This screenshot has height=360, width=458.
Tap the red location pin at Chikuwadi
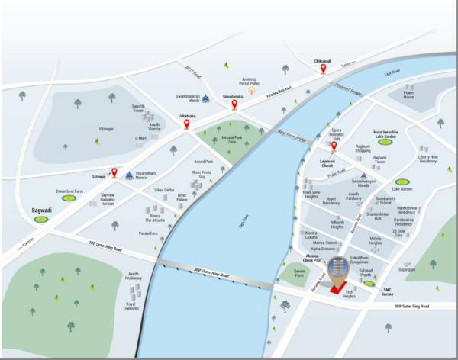click(324, 69)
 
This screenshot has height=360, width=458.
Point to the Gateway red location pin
click(114, 172)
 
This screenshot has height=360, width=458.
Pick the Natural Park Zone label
click(227, 140)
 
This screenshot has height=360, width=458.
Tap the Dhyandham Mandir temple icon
click(129, 175)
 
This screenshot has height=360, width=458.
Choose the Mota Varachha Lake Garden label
click(390, 133)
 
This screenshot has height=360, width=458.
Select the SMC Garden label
click(372, 292)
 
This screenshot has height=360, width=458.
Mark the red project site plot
click(336, 288)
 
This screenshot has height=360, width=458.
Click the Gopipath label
click(408, 269)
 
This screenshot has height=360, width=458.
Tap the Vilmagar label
click(107, 129)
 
